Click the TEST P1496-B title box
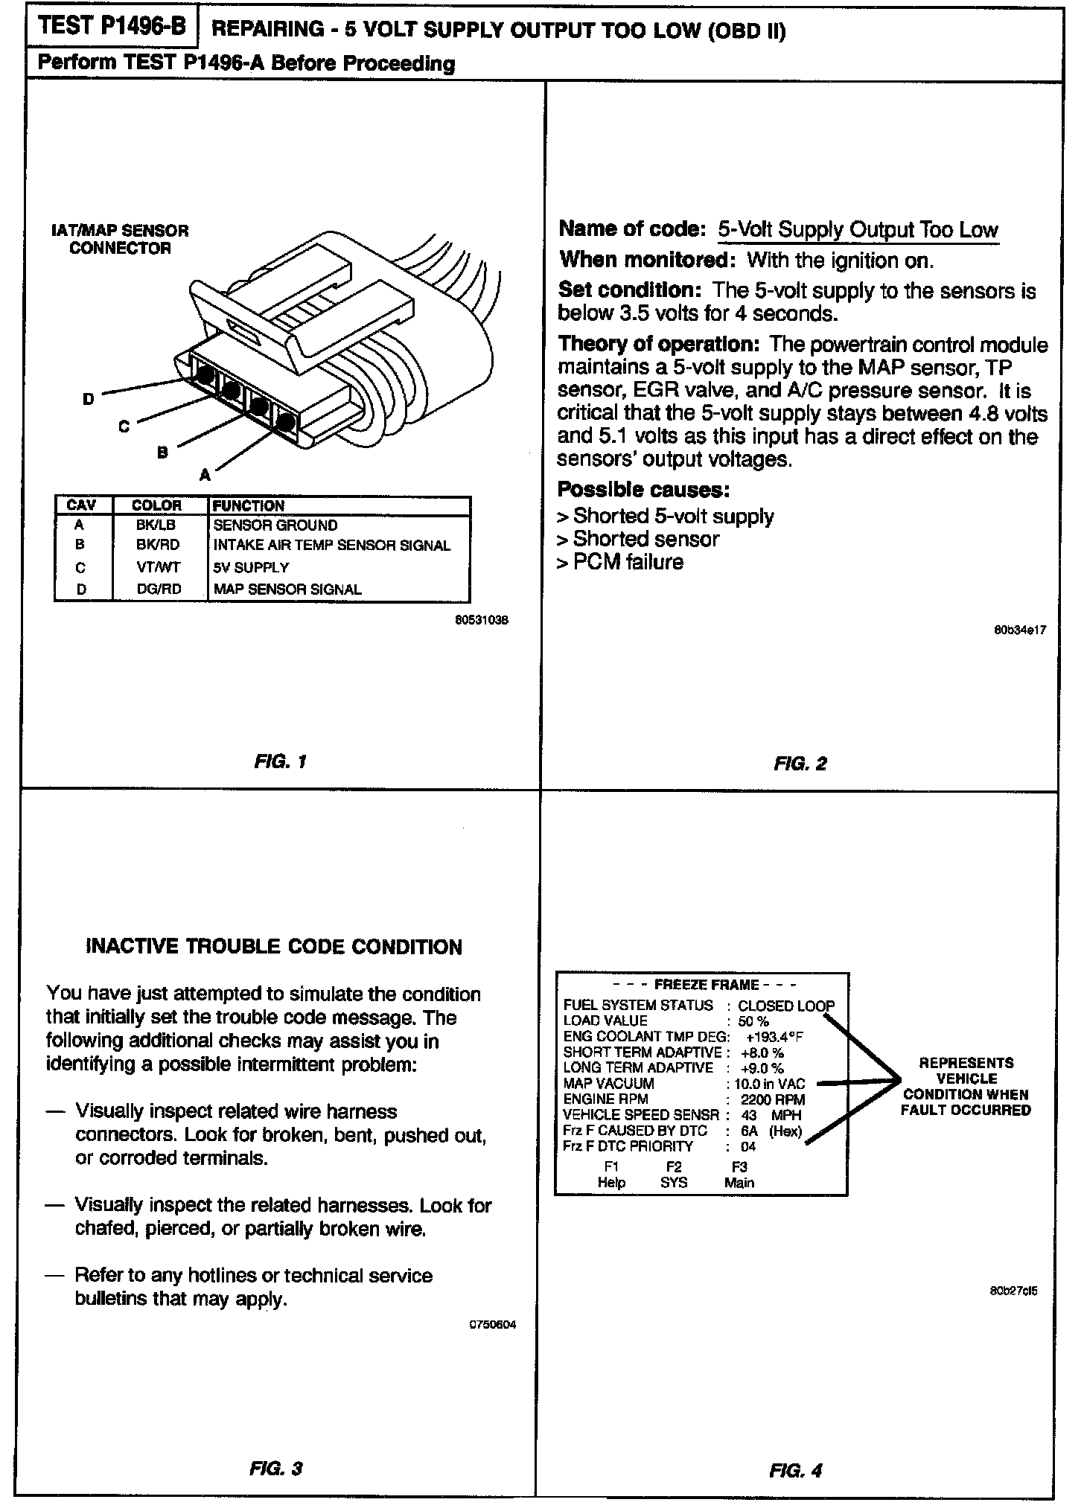coord(112,28)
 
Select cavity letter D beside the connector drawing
coord(88,400)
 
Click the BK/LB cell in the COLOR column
coord(156,525)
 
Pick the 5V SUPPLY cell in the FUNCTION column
coord(251,567)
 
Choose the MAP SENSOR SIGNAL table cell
coord(287,590)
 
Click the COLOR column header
coord(156,505)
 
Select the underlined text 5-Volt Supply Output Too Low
coord(858,230)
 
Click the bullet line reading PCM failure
coord(620,562)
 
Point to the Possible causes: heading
coord(643,490)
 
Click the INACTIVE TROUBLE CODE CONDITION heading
coord(275,947)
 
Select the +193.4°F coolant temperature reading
coord(774,1037)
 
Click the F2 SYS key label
coord(674,1175)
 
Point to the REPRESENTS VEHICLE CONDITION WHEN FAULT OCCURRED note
coord(966,1087)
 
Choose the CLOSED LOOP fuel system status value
coord(786,1006)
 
